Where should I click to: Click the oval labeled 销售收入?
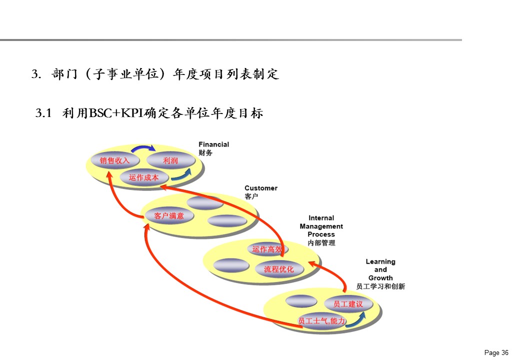(x=114, y=160)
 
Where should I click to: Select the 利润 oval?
(x=170, y=160)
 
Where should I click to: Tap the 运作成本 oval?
(x=143, y=177)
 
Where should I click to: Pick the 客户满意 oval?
(x=169, y=216)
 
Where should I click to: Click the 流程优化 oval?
(x=278, y=269)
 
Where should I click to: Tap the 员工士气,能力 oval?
(x=321, y=320)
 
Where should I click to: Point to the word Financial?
(x=213, y=144)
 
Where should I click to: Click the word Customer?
(x=260, y=188)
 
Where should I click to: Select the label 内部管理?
(x=321, y=243)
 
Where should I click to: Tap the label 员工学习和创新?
(x=380, y=286)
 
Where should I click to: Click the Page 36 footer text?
(x=496, y=352)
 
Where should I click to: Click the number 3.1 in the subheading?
(x=44, y=113)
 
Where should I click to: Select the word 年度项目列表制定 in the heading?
(x=225, y=74)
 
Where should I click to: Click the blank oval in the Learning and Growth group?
(x=301, y=301)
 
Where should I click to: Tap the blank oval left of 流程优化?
(x=230, y=265)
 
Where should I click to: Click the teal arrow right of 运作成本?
(x=181, y=174)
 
